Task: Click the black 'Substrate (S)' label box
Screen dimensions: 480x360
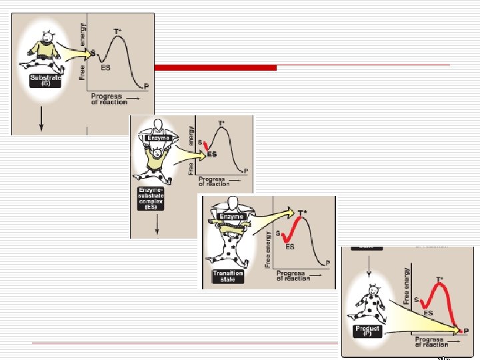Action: (x=46, y=81)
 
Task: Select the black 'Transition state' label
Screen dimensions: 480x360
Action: (x=228, y=276)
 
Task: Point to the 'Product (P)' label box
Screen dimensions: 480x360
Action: (x=367, y=331)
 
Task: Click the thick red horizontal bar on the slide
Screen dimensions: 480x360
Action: (x=215, y=67)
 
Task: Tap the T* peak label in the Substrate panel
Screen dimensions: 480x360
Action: (x=117, y=31)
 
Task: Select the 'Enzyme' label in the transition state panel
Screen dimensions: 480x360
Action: (x=233, y=217)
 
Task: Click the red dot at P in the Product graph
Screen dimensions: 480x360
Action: (x=459, y=331)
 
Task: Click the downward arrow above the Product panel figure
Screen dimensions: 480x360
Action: (x=367, y=265)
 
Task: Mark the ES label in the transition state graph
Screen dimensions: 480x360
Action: (x=291, y=247)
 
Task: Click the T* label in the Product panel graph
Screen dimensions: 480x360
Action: (x=439, y=280)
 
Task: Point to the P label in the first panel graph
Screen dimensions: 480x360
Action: (x=146, y=87)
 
